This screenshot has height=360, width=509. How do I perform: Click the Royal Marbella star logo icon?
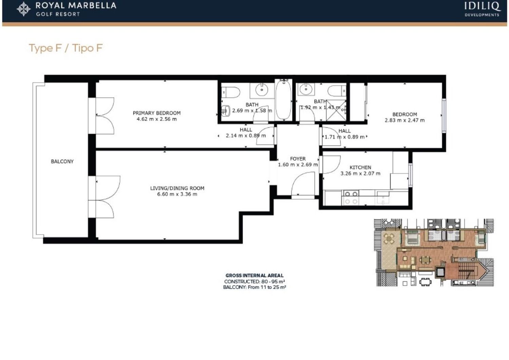point(24,9)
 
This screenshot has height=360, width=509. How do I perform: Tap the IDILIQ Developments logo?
point(482,9)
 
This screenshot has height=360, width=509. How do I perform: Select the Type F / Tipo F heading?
point(66,48)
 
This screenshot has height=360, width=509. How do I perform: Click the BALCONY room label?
point(62,161)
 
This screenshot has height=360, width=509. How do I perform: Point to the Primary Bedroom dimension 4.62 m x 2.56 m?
point(156,119)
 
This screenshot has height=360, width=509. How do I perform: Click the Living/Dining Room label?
point(177,188)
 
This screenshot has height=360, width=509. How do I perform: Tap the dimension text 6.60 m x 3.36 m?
point(177,194)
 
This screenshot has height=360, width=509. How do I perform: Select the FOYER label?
point(298,159)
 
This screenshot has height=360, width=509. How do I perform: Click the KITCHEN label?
point(360,168)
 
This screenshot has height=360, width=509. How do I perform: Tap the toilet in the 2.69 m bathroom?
point(231,92)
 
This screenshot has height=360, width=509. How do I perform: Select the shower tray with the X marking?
point(336,110)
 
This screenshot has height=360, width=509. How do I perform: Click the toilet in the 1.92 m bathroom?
point(337,91)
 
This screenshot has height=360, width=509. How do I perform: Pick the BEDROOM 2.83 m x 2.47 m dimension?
point(404,120)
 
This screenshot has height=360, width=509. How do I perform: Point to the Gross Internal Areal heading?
point(254,276)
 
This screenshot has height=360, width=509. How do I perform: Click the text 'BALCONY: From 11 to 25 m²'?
point(254,287)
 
